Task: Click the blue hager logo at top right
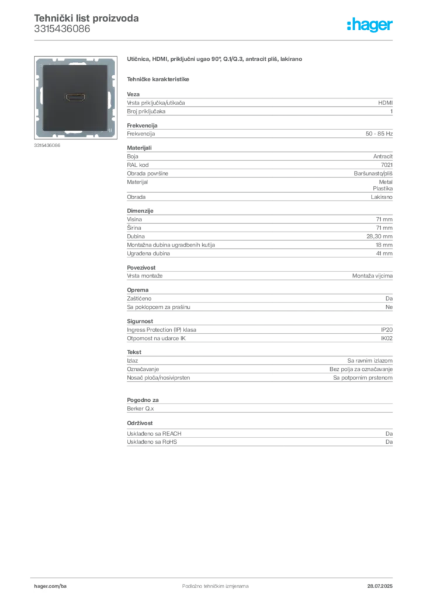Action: pyautogui.click(x=370, y=25)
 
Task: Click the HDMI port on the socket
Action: pyautogui.click(x=75, y=96)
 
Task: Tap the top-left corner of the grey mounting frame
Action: pyautogui.click(x=37, y=59)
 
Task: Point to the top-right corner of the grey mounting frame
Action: pyautogui.click(x=115, y=59)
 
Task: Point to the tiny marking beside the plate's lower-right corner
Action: pyautogui.click(x=111, y=130)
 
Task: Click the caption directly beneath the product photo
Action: pyautogui.click(x=47, y=145)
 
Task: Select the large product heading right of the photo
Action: pyautogui.click(x=214, y=60)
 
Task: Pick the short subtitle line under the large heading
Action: pyautogui.click(x=159, y=79)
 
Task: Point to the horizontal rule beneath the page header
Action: pyautogui.click(x=214, y=40)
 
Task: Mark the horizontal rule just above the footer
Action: pyautogui.click(x=214, y=576)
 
